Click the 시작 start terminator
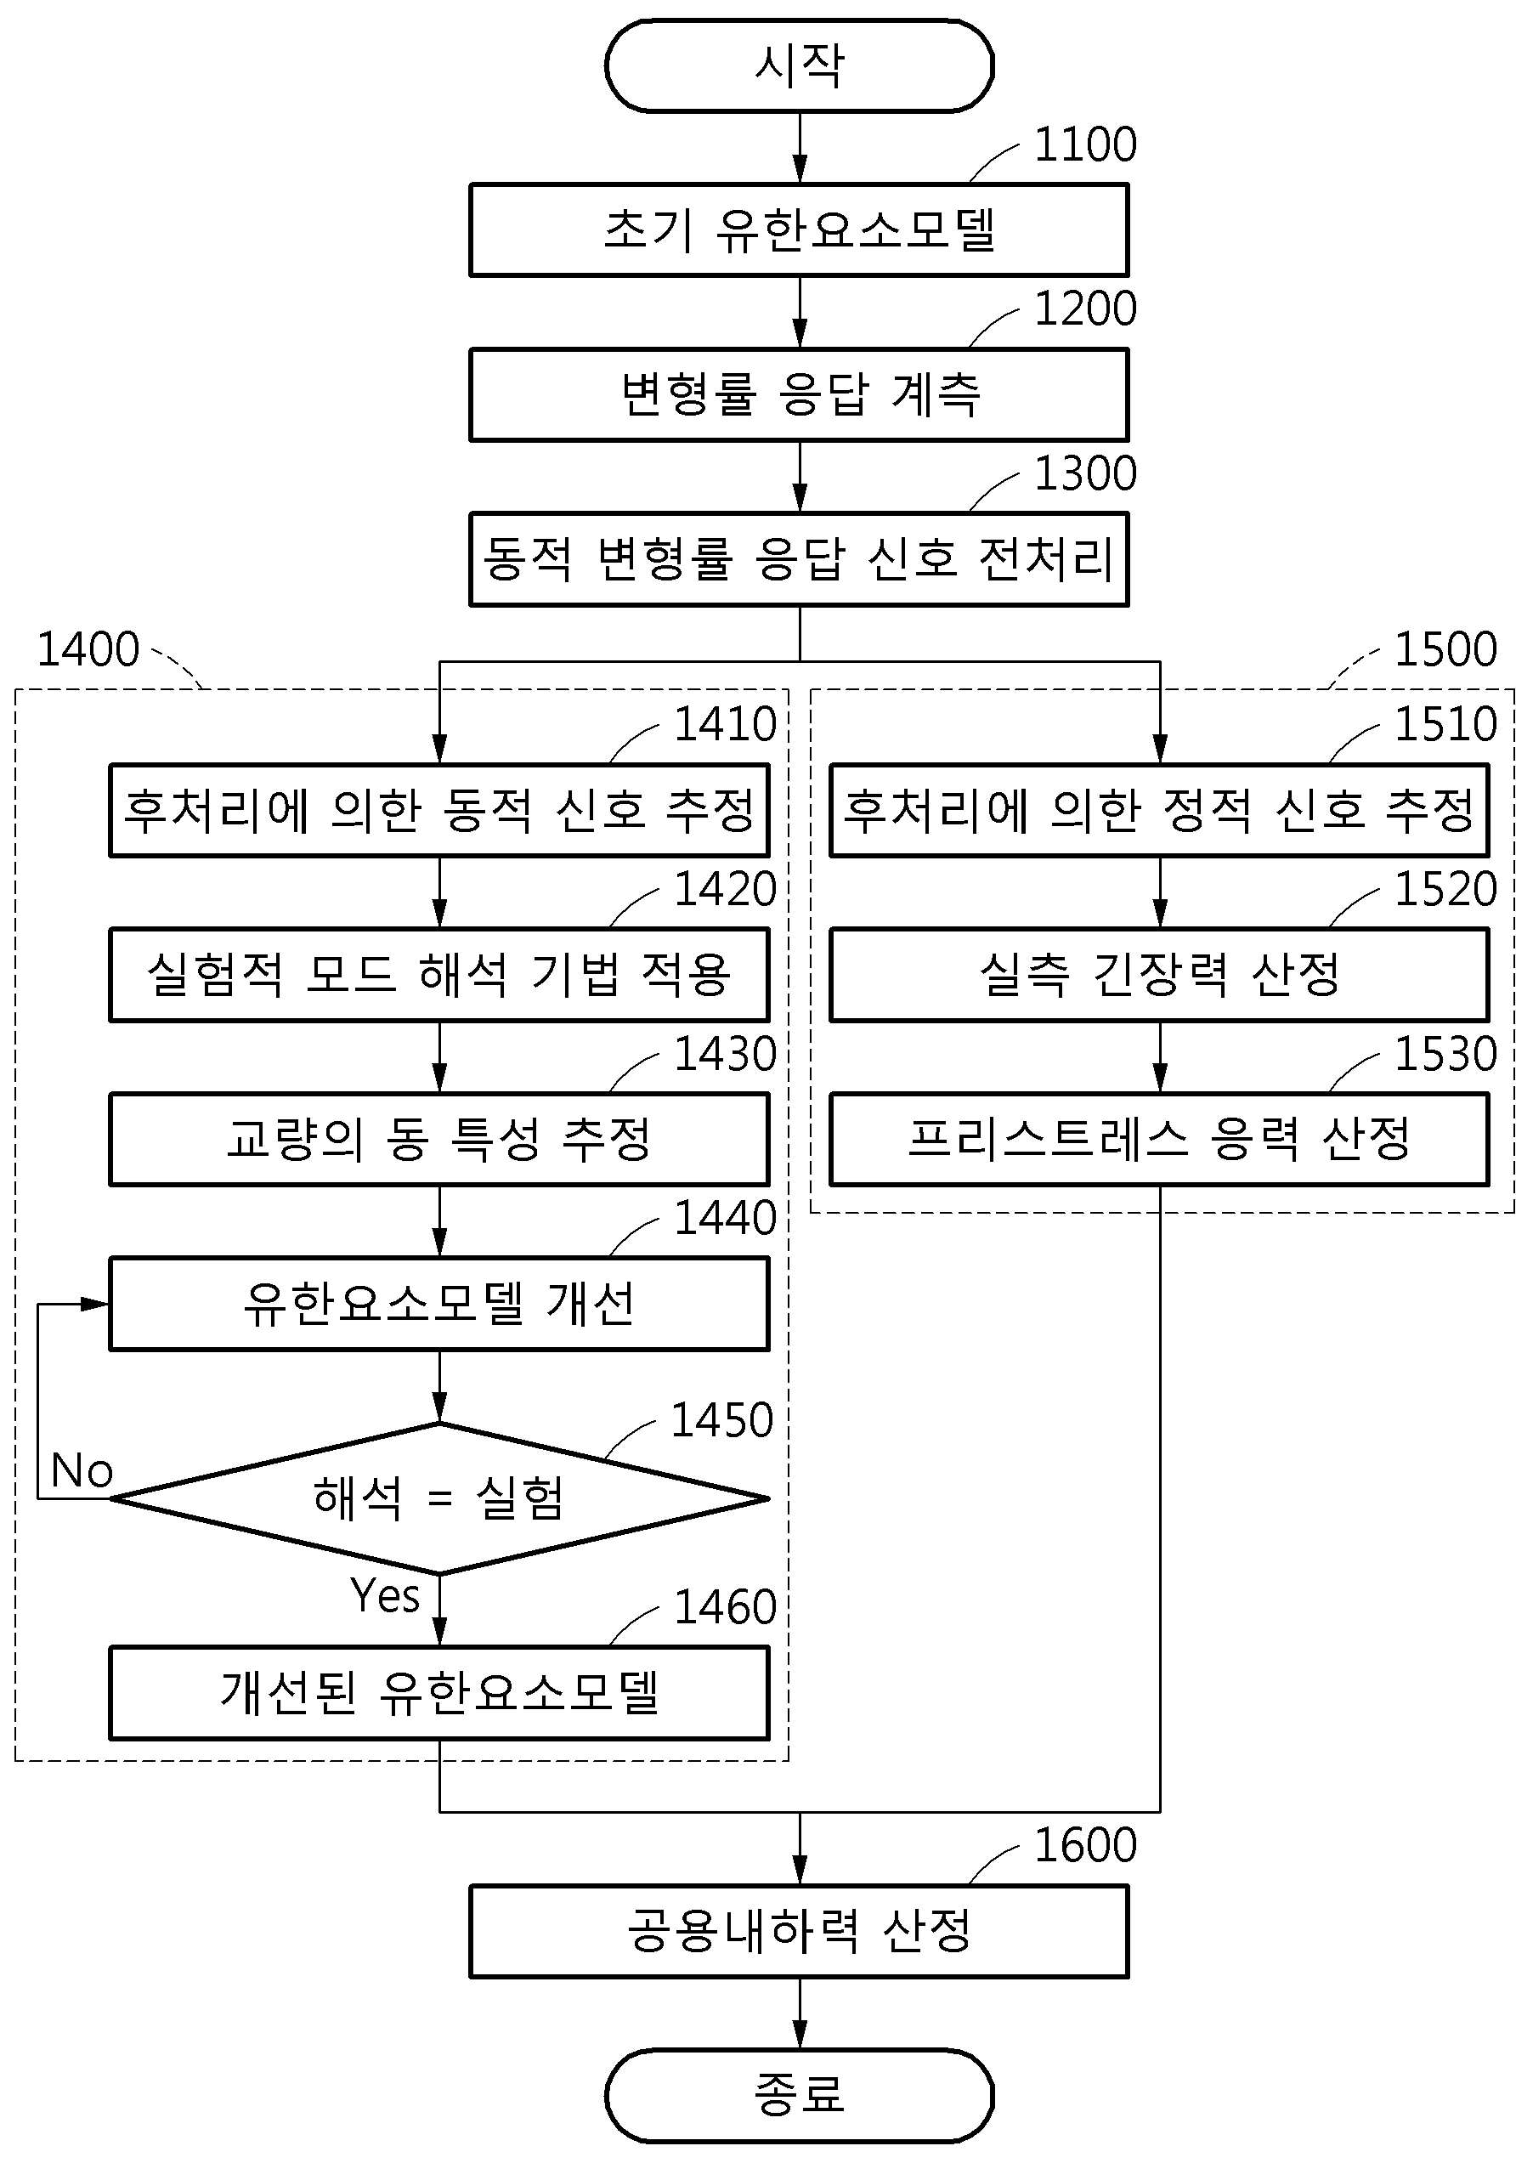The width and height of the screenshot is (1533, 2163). pos(800,66)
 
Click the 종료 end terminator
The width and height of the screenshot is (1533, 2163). pos(800,2094)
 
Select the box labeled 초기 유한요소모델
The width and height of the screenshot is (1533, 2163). pos(800,229)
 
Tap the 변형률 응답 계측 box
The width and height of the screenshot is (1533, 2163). pos(800,394)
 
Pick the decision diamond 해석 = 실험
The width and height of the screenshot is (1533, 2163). pos(440,1498)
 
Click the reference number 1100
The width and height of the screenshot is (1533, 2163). pos(1085,144)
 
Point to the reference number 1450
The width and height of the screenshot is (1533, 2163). pos(722,1420)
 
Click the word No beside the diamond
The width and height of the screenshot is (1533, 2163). pos(82,1471)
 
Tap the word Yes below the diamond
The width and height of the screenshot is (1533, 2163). pos(384,1596)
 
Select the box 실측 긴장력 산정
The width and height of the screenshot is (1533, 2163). pos(1160,974)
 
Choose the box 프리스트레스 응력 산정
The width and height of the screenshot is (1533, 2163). pos(1160,1139)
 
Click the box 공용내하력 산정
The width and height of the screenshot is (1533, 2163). pos(800,1931)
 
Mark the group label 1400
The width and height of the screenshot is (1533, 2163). pos(88,649)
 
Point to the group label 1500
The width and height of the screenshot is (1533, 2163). pos(1446,649)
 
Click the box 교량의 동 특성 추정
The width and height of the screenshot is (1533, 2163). pos(440,1139)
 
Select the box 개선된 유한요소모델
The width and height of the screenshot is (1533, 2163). pos(440,1693)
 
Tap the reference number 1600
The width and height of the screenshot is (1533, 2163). pos(1085,1845)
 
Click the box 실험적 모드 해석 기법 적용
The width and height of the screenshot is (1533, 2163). pos(440,974)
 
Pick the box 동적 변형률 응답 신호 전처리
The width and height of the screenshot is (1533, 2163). pos(800,559)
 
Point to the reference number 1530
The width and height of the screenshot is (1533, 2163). pos(1446,1054)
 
